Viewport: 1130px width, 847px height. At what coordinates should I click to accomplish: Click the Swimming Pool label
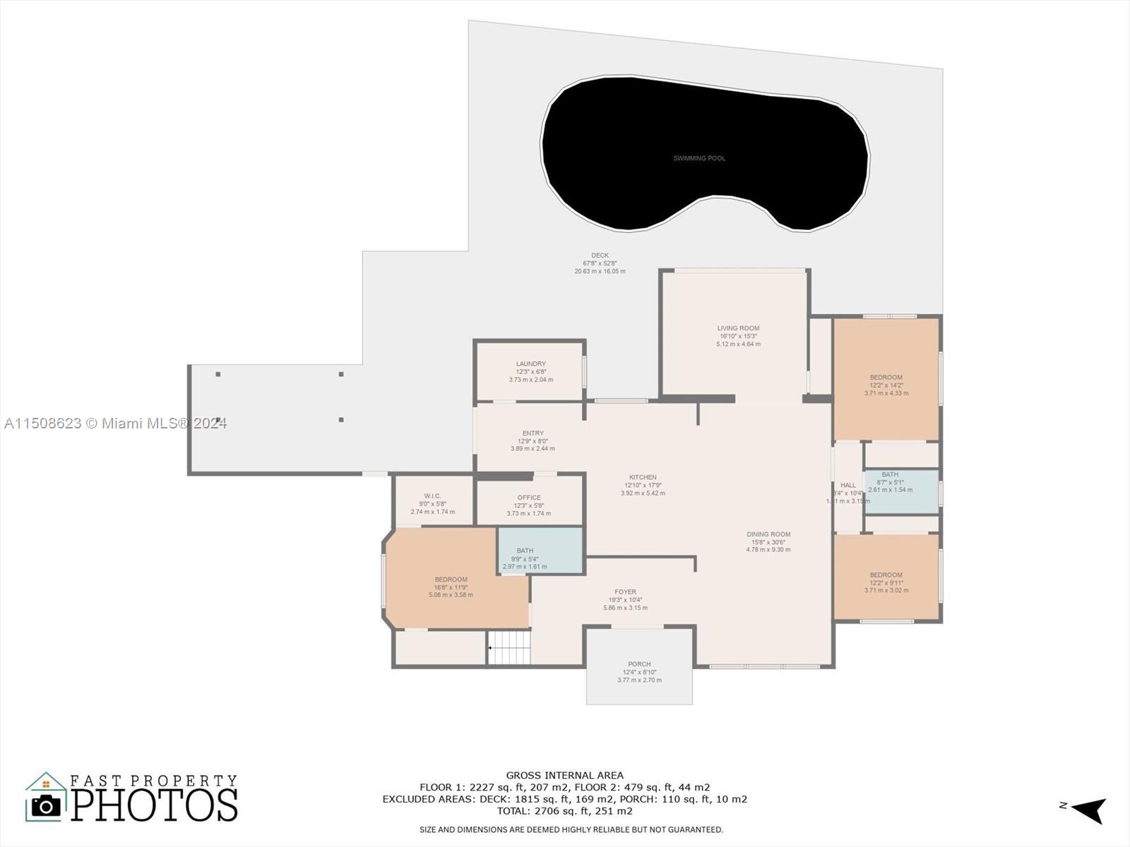pos(699,158)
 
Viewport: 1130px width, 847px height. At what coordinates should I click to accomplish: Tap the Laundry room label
pos(530,364)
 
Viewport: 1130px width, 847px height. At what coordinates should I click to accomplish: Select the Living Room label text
pos(738,328)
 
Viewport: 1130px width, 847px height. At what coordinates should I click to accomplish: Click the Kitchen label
pos(643,478)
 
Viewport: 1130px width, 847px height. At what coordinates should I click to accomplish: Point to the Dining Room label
pos(768,534)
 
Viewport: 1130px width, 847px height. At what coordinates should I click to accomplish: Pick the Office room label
pos(528,498)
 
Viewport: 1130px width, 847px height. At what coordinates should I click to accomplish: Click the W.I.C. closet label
pos(432,496)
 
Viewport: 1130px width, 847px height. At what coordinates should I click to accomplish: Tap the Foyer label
pos(625,592)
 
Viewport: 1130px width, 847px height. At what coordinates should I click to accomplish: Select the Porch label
pos(639,664)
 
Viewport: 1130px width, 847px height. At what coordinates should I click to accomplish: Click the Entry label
pos(533,433)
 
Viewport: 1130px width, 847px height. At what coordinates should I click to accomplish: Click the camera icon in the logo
pos(47,805)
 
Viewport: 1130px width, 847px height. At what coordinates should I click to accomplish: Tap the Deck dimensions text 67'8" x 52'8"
pos(600,263)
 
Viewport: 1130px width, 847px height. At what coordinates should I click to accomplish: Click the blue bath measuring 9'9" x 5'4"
pos(540,551)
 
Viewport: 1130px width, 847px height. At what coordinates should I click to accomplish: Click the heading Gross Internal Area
pos(564,775)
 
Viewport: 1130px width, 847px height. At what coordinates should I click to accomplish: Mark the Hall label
pos(848,485)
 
